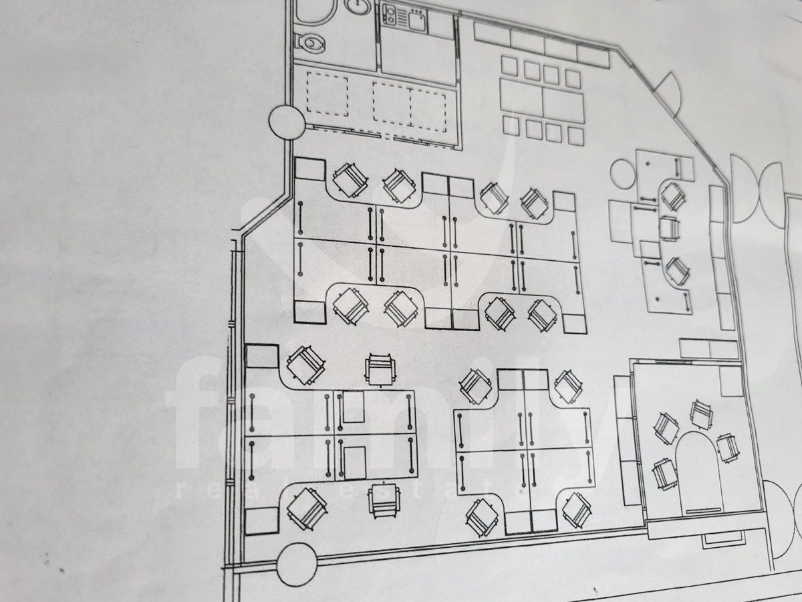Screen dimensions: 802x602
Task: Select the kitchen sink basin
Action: [416, 21]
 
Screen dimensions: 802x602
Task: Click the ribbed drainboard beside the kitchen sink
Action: [402, 17]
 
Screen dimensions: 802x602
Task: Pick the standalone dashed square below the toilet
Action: [327, 94]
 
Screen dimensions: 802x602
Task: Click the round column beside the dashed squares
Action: [287, 122]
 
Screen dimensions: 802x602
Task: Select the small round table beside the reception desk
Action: [623, 174]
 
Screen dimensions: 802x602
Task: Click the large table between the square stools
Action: [543, 100]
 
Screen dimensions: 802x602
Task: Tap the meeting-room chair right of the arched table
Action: [726, 447]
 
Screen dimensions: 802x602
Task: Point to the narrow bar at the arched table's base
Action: [703, 510]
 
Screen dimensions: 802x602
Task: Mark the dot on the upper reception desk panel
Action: [648, 163]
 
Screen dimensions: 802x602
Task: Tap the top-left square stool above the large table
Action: [509, 66]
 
